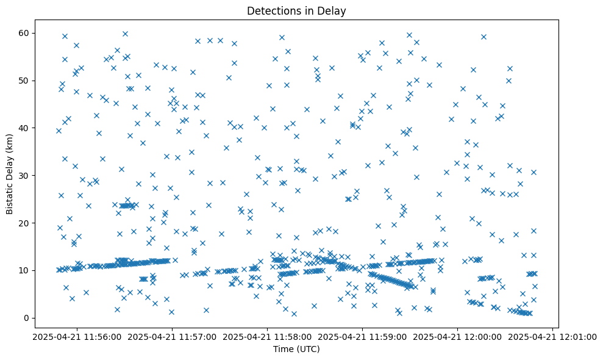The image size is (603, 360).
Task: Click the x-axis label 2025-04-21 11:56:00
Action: pyautogui.click(x=77, y=336)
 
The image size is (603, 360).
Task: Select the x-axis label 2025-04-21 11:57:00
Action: pyautogui.click(x=173, y=336)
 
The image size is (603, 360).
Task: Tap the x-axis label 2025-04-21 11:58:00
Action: pyautogui.click(x=268, y=336)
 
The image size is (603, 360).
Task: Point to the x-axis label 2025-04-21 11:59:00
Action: pyautogui.click(x=363, y=336)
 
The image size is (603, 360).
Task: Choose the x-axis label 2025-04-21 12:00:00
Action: pyautogui.click(x=458, y=336)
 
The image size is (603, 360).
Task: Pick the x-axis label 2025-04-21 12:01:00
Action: pyautogui.click(x=553, y=336)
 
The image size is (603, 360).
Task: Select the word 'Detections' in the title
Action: pyautogui.click(x=274, y=10)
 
